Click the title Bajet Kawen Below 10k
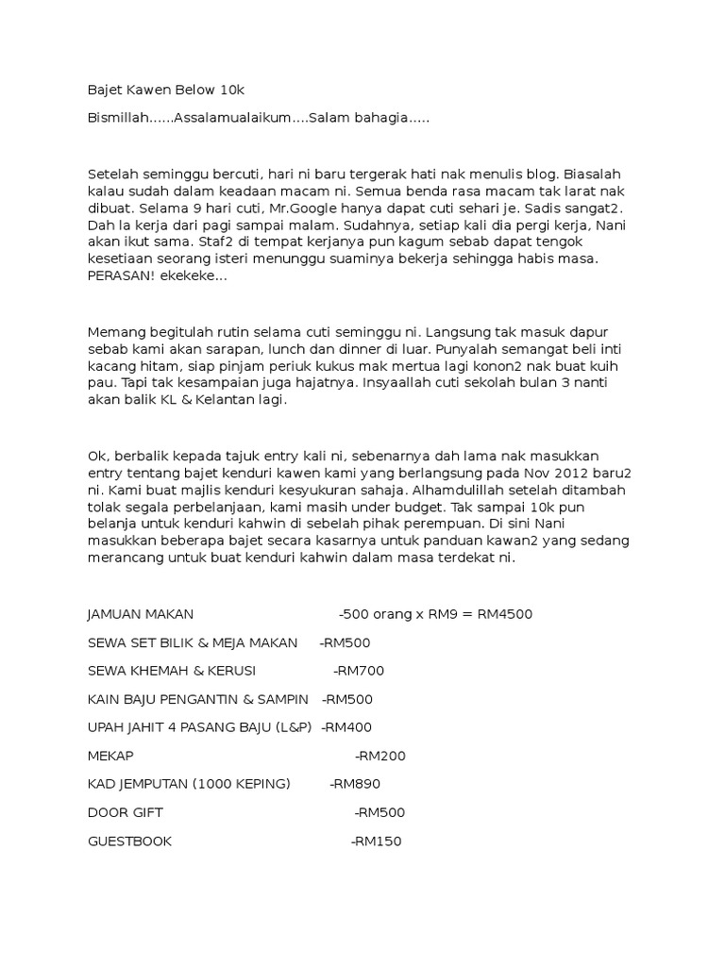pos(165,91)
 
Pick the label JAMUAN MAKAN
pos(140,614)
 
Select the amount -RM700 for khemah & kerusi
pos(359,671)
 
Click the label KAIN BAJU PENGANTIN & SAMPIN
pos(197,699)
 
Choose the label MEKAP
pos(110,756)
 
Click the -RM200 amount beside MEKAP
pos(380,756)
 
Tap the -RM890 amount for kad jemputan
pos(355,784)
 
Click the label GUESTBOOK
pos(129,841)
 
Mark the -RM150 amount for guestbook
pos(376,841)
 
